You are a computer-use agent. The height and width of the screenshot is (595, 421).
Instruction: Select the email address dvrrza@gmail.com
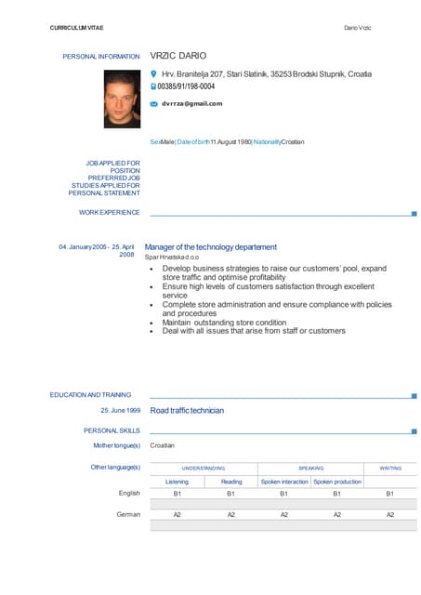(191, 103)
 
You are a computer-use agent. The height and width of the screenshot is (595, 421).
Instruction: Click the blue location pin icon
(154, 73)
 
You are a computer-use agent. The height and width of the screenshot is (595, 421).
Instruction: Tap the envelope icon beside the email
(154, 103)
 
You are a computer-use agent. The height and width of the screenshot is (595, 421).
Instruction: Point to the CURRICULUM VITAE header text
(77, 28)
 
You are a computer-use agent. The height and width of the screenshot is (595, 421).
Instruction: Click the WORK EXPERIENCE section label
(110, 213)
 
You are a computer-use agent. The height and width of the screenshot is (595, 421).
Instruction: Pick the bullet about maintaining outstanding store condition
(224, 323)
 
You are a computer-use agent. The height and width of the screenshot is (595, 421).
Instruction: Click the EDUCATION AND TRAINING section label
(90, 394)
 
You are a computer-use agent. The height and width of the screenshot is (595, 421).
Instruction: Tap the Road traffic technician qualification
(187, 410)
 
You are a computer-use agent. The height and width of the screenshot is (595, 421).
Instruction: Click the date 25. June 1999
(120, 410)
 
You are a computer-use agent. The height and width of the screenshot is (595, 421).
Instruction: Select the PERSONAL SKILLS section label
(112, 430)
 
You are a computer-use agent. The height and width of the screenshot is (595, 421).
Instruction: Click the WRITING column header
(390, 468)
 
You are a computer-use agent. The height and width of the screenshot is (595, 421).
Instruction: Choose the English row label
(129, 494)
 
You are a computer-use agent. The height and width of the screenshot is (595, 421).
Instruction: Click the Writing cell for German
(390, 514)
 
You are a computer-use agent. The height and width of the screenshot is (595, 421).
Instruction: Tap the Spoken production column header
(337, 482)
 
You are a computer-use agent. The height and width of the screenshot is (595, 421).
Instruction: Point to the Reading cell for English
(231, 494)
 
